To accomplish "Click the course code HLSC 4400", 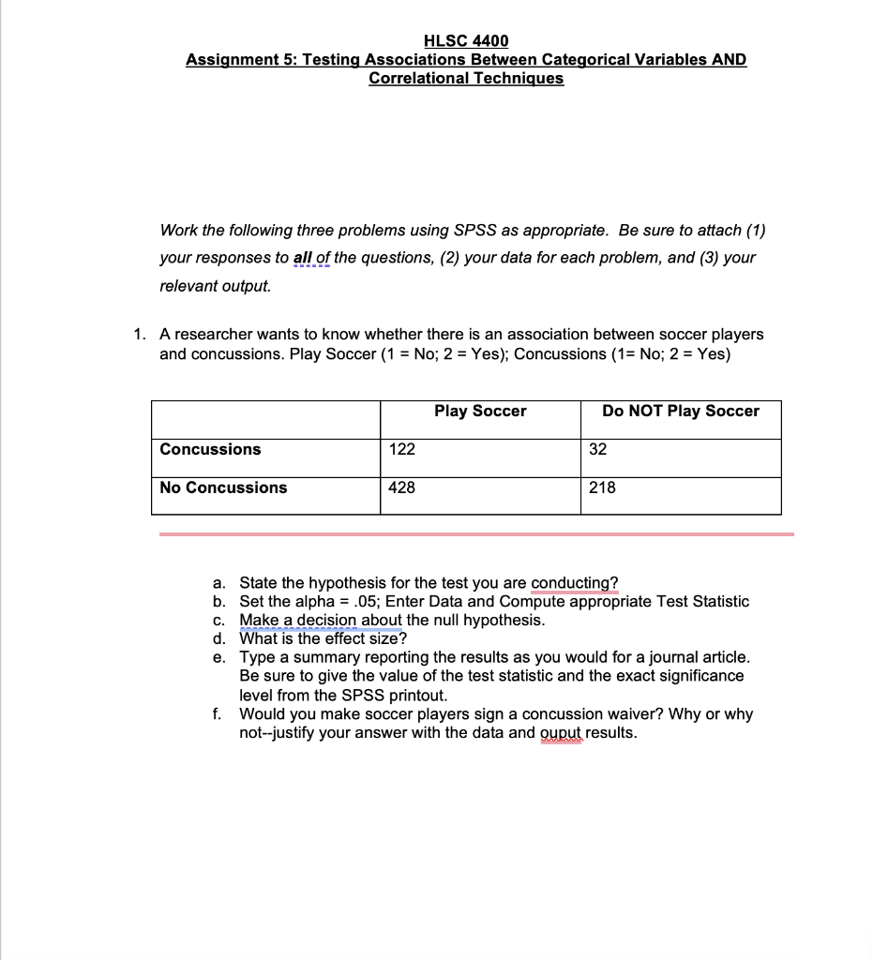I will tap(466, 40).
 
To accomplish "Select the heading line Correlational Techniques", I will tap(466, 78).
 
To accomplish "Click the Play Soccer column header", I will tap(480, 412).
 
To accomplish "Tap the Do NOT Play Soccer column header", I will tap(680, 412).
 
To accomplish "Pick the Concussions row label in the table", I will tap(210, 449).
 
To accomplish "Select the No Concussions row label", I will tap(223, 487).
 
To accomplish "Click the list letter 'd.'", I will tap(219, 638).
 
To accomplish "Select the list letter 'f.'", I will tap(218, 713).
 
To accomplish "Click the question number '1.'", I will tap(139, 334).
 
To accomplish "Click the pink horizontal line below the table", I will tap(476, 534).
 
